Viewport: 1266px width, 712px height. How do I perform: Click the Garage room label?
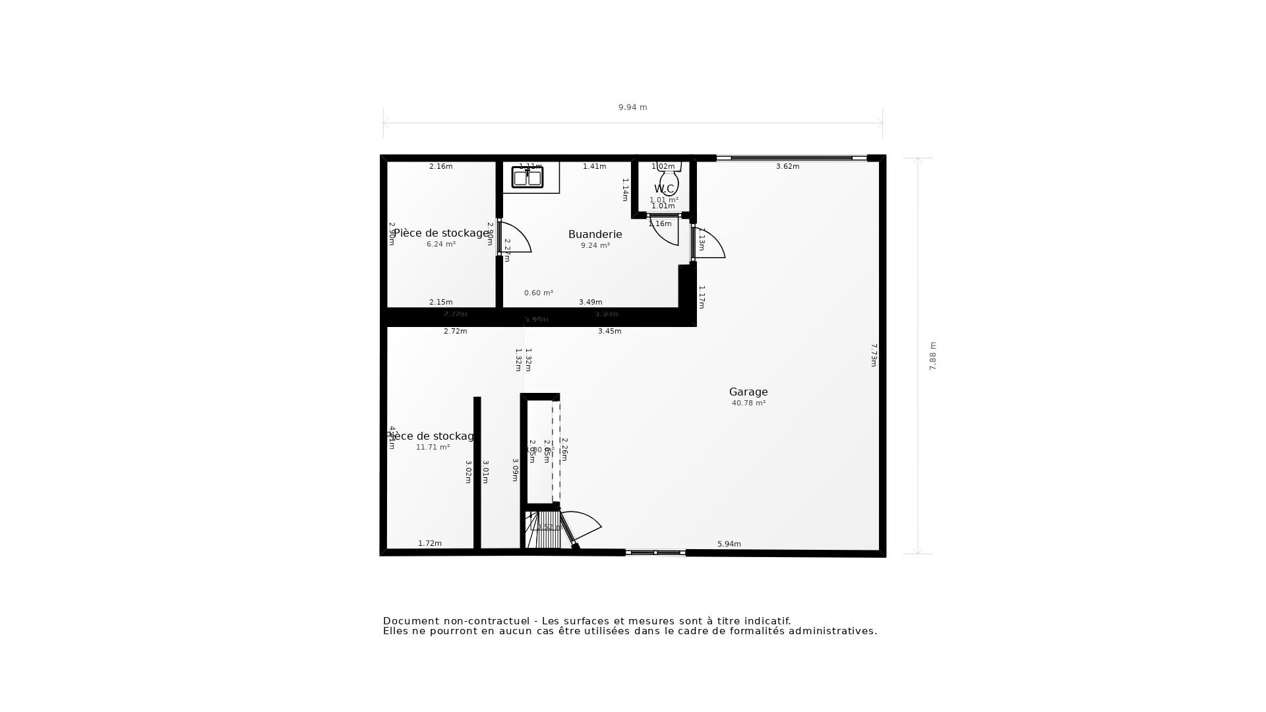point(748,392)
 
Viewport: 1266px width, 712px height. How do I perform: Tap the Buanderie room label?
point(595,234)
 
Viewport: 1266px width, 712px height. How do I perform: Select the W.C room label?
point(664,189)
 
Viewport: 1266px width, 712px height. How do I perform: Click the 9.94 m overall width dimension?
point(632,107)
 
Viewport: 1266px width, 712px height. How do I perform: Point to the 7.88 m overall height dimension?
point(932,356)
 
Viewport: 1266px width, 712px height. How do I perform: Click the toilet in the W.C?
point(669,179)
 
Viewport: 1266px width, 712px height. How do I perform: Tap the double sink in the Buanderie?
point(527,177)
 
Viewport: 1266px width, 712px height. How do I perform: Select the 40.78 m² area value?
point(748,403)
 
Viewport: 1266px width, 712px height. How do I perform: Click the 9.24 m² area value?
point(595,246)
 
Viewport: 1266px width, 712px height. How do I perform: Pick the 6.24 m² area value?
point(440,245)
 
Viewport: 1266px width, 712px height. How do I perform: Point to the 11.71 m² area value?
point(433,448)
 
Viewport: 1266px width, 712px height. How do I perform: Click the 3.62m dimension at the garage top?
point(787,167)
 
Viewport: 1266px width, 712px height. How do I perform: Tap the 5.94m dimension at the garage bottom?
point(729,545)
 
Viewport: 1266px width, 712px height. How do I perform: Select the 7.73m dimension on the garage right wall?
point(874,355)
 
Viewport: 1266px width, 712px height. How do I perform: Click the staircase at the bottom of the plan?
point(544,529)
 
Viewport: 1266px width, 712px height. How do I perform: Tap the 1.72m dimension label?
point(429,544)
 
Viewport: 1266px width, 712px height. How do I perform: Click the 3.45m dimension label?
point(609,332)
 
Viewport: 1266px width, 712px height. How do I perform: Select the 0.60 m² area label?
point(538,293)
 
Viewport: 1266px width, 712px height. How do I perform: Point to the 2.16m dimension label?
point(440,167)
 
